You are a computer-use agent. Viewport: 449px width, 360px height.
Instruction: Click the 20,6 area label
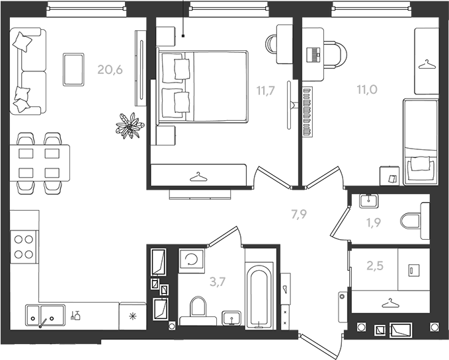tap(110, 69)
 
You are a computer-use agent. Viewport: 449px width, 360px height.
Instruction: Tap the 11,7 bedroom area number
tap(265, 90)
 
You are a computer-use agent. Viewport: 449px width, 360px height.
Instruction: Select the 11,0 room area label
tap(367, 89)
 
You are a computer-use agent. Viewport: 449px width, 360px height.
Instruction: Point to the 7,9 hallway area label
tap(299, 214)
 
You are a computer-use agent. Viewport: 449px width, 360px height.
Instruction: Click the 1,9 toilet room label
tap(374, 222)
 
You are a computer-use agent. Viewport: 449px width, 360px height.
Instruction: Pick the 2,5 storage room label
tap(375, 266)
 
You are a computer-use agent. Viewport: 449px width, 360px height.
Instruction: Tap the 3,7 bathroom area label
tap(218, 282)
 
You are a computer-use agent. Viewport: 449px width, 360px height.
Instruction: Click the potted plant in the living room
tap(130, 126)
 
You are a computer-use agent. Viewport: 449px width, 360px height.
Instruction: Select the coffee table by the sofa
tap(73, 69)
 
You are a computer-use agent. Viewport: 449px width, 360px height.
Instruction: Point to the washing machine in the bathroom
tap(192, 260)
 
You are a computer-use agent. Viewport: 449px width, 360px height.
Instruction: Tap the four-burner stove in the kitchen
tap(24, 247)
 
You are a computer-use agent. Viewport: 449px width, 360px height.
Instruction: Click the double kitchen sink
tap(45, 316)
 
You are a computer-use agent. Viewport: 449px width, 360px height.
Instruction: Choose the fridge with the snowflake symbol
tap(132, 316)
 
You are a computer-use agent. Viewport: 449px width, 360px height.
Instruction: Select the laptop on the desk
tap(313, 55)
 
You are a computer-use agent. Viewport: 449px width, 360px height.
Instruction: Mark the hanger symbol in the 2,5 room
tap(389, 303)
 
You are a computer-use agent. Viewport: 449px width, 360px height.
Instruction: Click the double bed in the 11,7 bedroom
tap(202, 87)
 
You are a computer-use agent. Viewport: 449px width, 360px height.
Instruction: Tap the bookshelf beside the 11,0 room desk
tap(308, 112)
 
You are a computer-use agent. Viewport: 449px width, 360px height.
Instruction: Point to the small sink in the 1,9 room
tap(369, 201)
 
